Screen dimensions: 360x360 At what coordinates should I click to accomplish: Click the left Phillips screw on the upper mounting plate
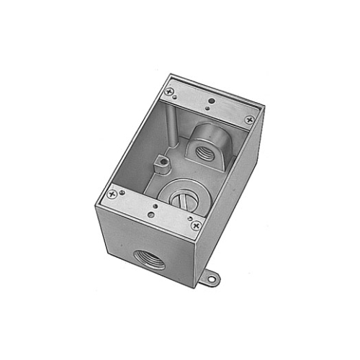(170, 91)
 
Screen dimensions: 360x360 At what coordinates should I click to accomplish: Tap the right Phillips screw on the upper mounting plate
(249, 120)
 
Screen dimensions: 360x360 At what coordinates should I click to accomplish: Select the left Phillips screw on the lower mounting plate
(112, 194)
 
